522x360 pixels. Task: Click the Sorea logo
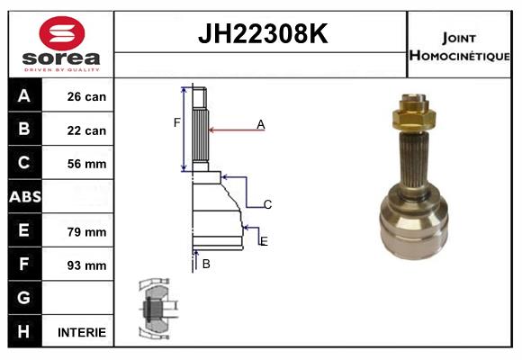[60, 44]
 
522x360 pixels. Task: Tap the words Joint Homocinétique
[460, 45]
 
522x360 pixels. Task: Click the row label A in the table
[24, 96]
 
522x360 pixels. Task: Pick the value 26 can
[86, 96]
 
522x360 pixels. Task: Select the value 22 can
[86, 130]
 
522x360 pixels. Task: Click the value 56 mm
[86, 164]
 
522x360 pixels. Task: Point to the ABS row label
[24, 197]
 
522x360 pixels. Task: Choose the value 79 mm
[86, 231]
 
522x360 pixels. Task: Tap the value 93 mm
[86, 265]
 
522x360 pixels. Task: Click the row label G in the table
[24, 298]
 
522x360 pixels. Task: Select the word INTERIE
[82, 332]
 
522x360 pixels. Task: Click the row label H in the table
[24, 332]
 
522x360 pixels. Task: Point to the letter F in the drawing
[177, 122]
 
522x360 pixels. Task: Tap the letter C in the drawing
[267, 205]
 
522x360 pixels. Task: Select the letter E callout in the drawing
[263, 241]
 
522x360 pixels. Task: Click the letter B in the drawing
[206, 264]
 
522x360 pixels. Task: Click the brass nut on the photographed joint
[413, 116]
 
